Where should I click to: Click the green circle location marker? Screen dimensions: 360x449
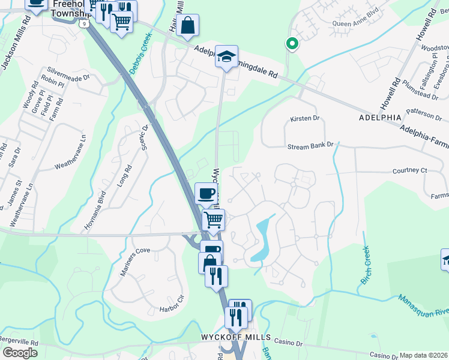[x=292, y=43]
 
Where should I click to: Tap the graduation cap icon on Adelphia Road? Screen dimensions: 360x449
[x=227, y=56]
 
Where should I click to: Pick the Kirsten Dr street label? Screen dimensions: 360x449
[x=306, y=118]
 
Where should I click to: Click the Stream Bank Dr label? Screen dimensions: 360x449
[x=310, y=146]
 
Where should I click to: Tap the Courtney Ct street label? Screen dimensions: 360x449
[x=409, y=170]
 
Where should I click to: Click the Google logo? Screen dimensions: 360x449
[x=20, y=352]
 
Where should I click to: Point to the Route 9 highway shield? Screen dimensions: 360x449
[x=85, y=23]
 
